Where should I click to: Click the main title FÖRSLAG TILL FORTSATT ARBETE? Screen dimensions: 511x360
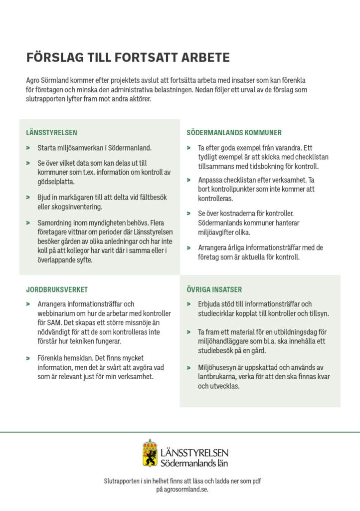point(128,57)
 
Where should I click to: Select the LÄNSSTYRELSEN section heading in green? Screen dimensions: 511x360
point(52,133)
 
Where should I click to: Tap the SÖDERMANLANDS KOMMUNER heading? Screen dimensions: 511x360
point(234,133)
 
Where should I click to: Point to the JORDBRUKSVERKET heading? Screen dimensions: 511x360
point(57,289)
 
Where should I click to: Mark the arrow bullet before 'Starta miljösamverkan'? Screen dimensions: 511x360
point(28,148)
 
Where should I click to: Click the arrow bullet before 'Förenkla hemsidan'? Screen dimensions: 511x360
point(28,358)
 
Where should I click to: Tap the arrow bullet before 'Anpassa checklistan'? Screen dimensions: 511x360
point(188,180)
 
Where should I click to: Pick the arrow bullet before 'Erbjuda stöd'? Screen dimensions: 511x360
point(188,304)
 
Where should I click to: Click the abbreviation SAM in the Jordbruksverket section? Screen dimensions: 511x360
point(53,323)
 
